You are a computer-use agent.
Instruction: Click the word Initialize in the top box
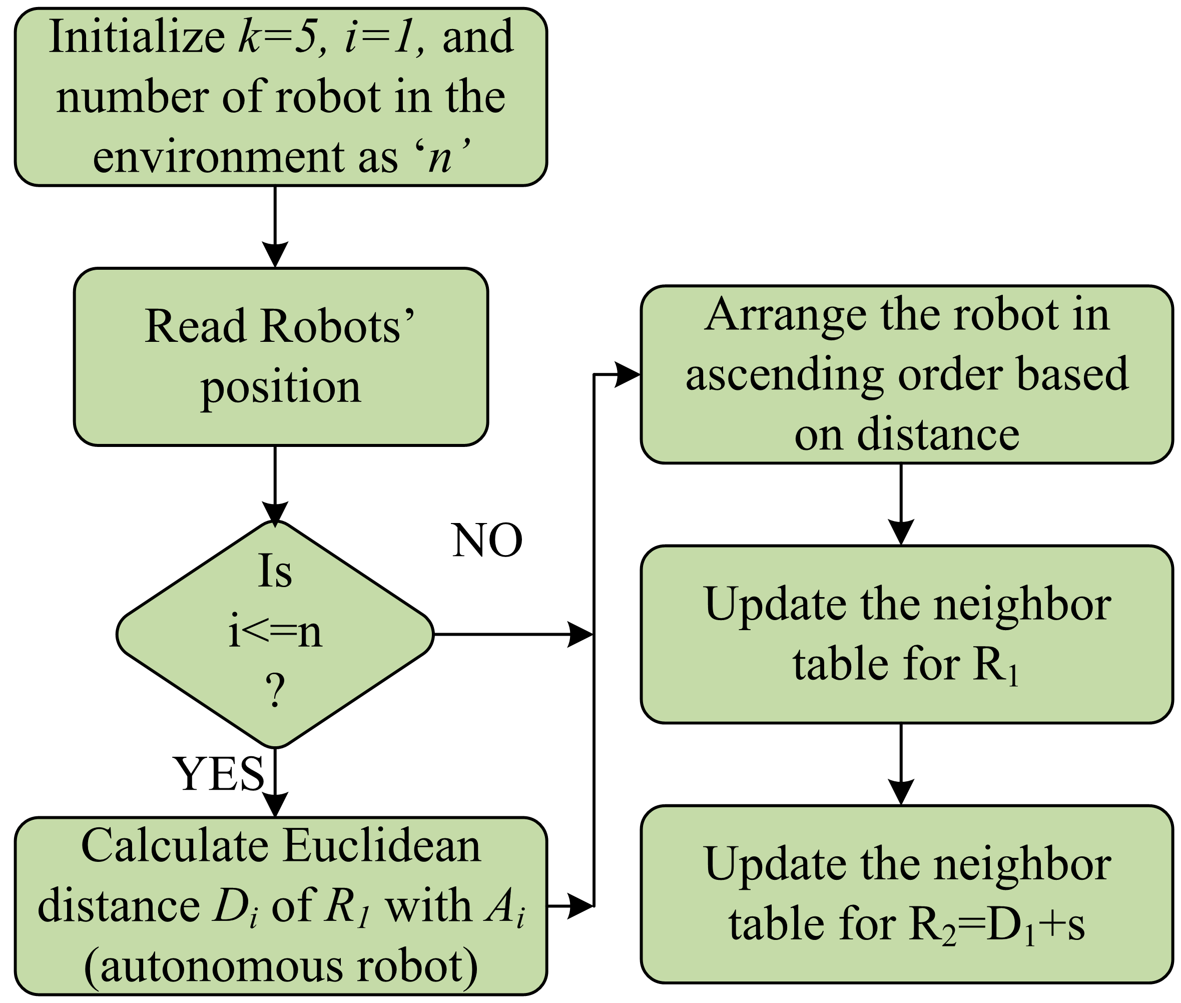(x=137, y=38)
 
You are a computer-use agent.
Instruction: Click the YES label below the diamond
(x=219, y=774)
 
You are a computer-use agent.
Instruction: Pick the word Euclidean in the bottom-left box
(x=382, y=845)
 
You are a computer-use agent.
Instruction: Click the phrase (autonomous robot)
(x=280, y=966)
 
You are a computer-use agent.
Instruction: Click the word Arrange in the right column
(x=785, y=315)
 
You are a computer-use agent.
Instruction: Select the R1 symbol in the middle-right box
(x=995, y=665)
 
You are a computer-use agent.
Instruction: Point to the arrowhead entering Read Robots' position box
(x=275, y=254)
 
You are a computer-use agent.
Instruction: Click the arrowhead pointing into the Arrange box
(x=627, y=375)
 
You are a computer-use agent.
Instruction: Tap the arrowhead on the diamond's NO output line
(x=580, y=634)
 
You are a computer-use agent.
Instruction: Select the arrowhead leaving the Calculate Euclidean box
(x=580, y=906)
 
